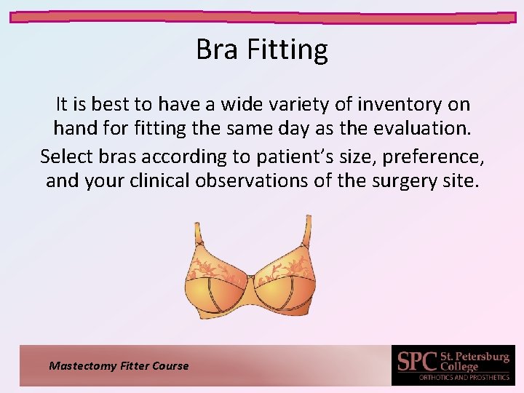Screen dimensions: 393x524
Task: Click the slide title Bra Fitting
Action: click(262, 50)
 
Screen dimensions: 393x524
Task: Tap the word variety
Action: click(273, 105)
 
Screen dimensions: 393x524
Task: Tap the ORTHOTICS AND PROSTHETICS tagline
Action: click(464, 378)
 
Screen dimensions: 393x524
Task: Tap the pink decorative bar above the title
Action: click(262, 17)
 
